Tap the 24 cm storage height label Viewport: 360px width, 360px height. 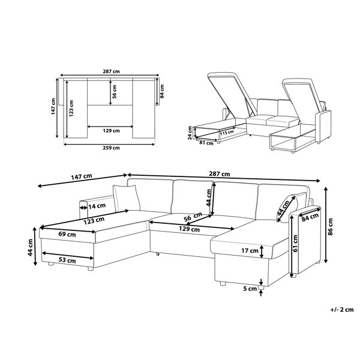(189, 131)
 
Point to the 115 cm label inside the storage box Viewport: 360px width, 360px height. (226, 133)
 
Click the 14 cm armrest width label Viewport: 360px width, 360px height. (96, 206)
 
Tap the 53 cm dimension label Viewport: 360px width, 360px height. (67, 260)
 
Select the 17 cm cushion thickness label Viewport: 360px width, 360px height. (250, 250)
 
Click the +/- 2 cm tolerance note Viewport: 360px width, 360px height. (341, 310)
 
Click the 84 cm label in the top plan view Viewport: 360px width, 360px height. (161, 91)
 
